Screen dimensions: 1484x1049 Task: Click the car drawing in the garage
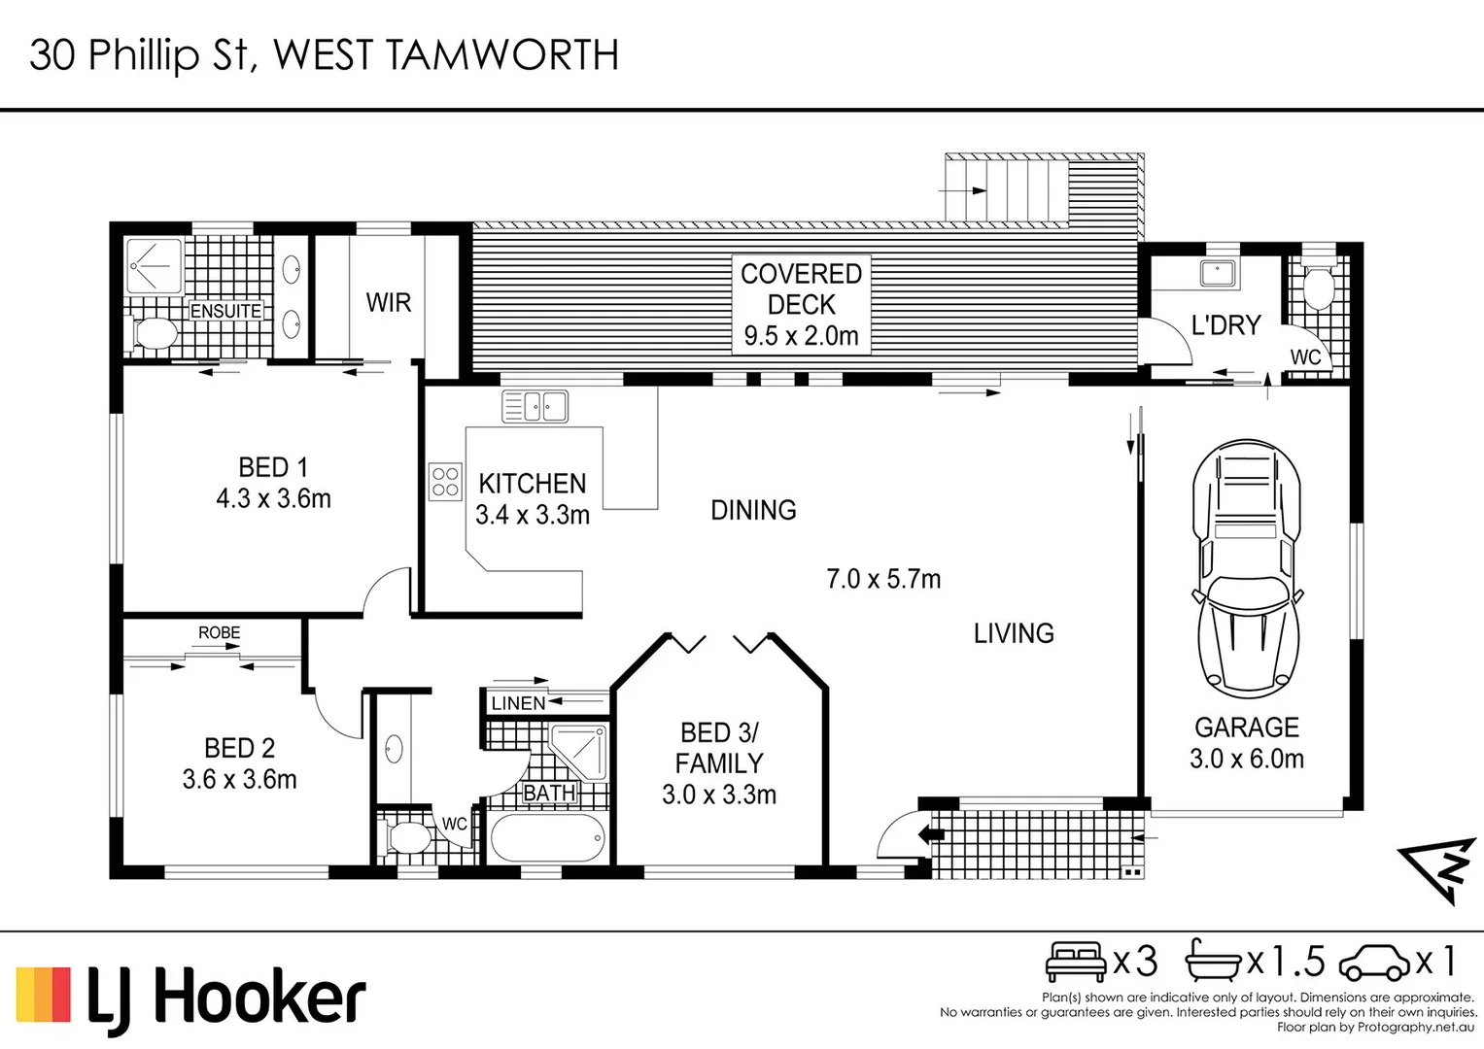click(1246, 569)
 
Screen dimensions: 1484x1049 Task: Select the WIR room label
click(388, 303)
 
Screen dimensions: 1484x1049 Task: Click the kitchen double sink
click(535, 406)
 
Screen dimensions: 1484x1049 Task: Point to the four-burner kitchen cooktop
click(445, 482)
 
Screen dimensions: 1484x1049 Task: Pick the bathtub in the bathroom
click(548, 837)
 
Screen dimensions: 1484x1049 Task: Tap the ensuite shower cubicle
click(154, 265)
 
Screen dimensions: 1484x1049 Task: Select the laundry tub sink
click(1220, 274)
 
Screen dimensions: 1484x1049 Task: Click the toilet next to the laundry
click(1319, 285)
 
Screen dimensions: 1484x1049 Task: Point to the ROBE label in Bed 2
click(220, 632)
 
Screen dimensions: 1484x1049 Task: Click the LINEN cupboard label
click(518, 702)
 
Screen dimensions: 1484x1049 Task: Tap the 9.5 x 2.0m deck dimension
click(801, 336)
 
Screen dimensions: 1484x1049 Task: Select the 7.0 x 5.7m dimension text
click(883, 579)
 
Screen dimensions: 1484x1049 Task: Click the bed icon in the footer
click(1076, 962)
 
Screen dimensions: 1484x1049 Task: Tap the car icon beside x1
click(1375, 963)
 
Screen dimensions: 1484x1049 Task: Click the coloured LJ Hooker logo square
click(43, 994)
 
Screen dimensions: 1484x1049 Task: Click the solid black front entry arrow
click(931, 835)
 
